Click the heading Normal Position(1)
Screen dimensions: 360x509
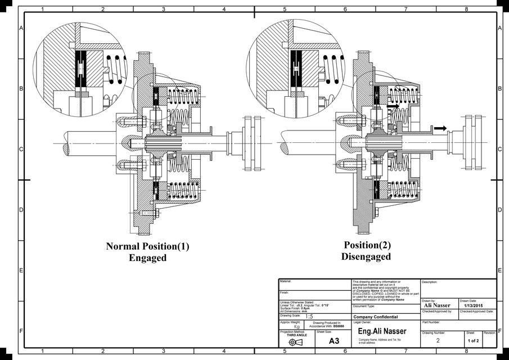tap(148, 246)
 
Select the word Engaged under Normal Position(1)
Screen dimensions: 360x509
tap(148, 258)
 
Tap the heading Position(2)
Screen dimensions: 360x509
tap(368, 245)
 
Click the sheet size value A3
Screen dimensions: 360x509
tap(334, 341)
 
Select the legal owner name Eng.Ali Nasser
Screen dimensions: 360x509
tap(382, 331)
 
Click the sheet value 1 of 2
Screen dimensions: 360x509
tap(472, 341)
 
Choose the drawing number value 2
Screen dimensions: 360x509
tap(438, 341)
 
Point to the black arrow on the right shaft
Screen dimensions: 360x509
tap(441, 128)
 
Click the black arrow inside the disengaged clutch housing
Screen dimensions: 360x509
tap(393, 105)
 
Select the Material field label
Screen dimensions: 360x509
tap(285, 281)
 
